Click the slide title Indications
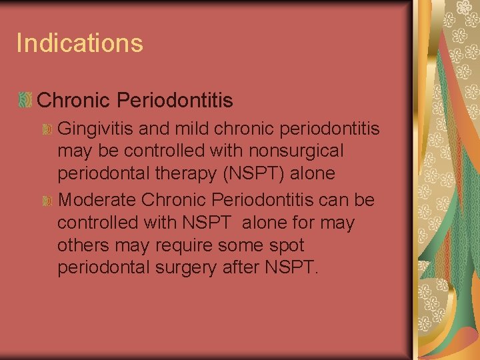(79, 43)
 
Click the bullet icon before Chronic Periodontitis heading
(25, 101)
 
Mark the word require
(183, 246)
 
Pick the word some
(241, 245)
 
